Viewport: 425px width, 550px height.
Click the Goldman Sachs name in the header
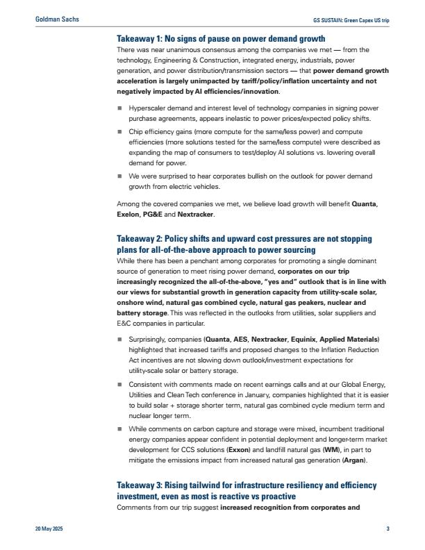point(56,19)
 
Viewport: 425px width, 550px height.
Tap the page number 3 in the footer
point(387,529)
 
